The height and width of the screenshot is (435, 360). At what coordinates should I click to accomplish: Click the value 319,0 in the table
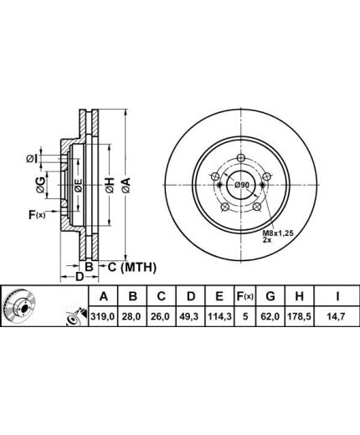pos(103,316)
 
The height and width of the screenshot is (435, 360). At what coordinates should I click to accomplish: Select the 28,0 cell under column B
pos(133,316)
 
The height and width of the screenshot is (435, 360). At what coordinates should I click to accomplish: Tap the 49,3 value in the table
pos(191,316)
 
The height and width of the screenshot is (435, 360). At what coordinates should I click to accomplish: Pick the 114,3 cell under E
pos(219,316)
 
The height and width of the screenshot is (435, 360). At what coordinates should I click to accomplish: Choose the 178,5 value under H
pos(299,316)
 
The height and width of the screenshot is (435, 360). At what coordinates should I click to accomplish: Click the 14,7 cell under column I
pos(337,316)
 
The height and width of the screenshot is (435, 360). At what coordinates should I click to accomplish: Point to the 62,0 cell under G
pos(270,316)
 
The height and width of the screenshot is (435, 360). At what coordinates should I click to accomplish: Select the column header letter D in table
pos(191,296)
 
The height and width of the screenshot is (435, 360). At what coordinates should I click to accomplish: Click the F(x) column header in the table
pos(245,296)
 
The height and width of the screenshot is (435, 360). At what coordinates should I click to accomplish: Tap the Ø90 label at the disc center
pos(241,185)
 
